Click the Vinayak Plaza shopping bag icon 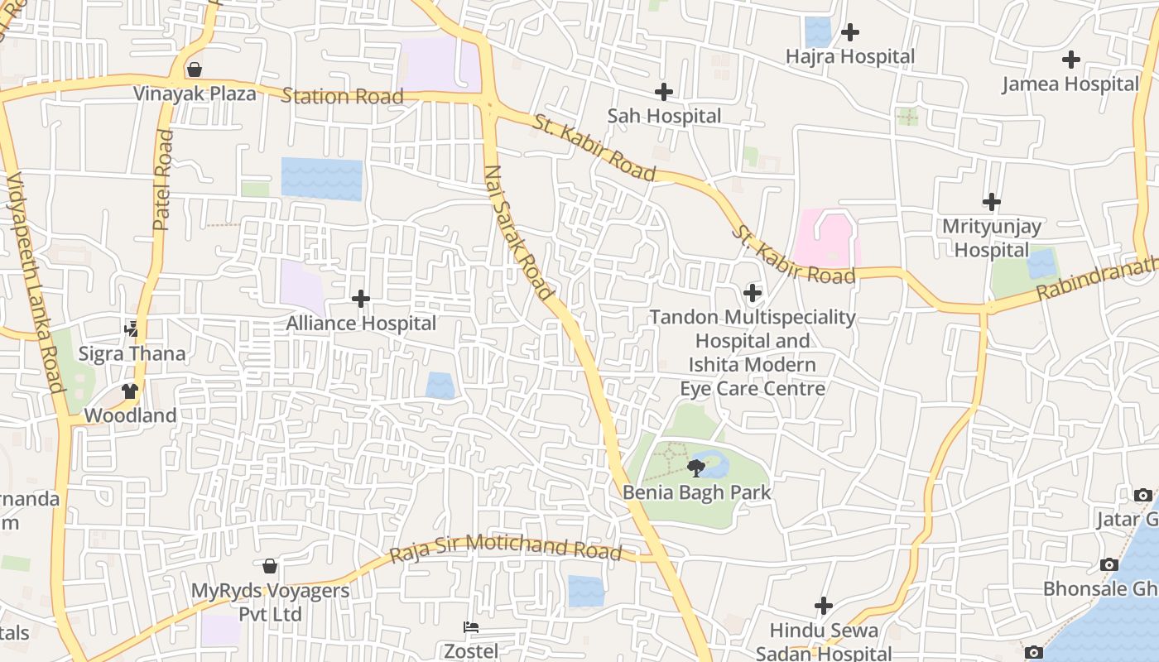pyautogui.click(x=194, y=70)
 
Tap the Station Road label pyautogui.click(x=342, y=96)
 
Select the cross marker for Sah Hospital pyautogui.click(x=663, y=92)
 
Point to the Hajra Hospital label pyautogui.click(x=850, y=57)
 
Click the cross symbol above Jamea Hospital pyautogui.click(x=1071, y=60)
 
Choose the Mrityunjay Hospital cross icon pyautogui.click(x=991, y=202)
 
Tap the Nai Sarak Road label pyautogui.click(x=518, y=233)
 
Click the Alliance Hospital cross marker pyautogui.click(x=361, y=299)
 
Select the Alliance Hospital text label pyautogui.click(x=361, y=323)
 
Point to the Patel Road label pyautogui.click(x=163, y=180)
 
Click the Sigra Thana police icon pyautogui.click(x=132, y=329)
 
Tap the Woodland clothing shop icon pyautogui.click(x=130, y=391)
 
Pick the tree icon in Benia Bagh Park pyautogui.click(x=696, y=468)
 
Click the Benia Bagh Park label pyautogui.click(x=696, y=492)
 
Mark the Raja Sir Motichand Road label pyautogui.click(x=505, y=548)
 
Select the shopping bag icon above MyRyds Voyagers pyautogui.click(x=269, y=567)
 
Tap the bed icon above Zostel pyautogui.click(x=471, y=627)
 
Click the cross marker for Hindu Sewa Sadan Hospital pyautogui.click(x=823, y=606)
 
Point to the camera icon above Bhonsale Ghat pyautogui.click(x=1109, y=565)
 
